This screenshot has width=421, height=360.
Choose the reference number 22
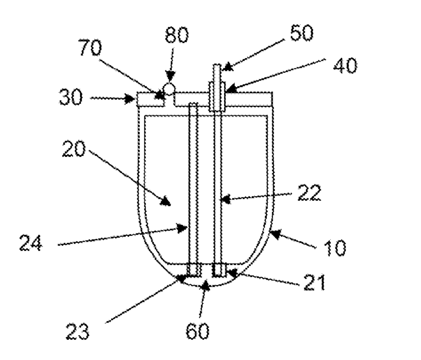click(x=306, y=193)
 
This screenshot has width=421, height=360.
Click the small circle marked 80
click(x=168, y=89)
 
